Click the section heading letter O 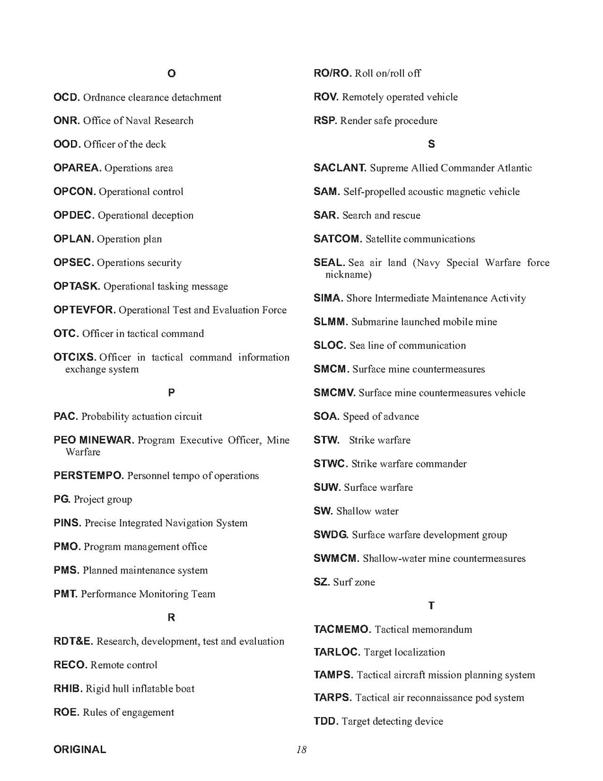tap(171, 74)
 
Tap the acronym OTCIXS tap(75, 357)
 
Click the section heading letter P tap(171, 392)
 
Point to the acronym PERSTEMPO tap(89, 476)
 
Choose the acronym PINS tap(68, 523)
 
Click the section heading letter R tap(171, 617)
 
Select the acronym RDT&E tap(74, 641)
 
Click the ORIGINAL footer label tap(79, 750)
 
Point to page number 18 tap(301, 750)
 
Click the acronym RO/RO tap(332, 74)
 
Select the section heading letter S tap(431, 144)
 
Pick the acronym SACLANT tap(340, 168)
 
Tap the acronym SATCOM tap(337, 239)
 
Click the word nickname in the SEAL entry tap(348, 275)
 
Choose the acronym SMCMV tap(335, 393)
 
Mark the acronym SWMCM tap(336, 559)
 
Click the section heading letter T tap(431, 606)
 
